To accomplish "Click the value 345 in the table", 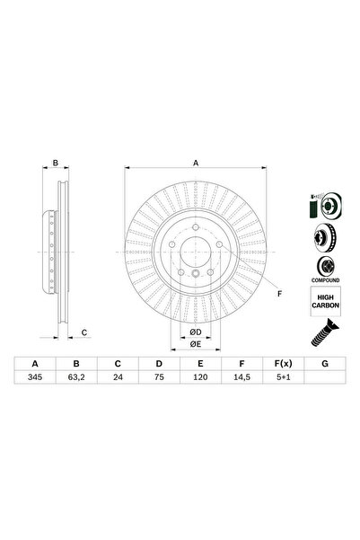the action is [x=35, y=377].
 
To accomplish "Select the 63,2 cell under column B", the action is [x=76, y=377].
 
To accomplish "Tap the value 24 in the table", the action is [x=118, y=377].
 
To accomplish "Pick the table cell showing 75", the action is [x=159, y=377].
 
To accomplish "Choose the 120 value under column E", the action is [x=200, y=377].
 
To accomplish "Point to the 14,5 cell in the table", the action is [x=241, y=377].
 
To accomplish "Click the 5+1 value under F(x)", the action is [x=284, y=377].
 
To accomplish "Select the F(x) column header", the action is [x=284, y=364].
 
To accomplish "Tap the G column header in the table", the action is [x=325, y=364].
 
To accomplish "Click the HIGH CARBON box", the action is [x=326, y=301].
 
